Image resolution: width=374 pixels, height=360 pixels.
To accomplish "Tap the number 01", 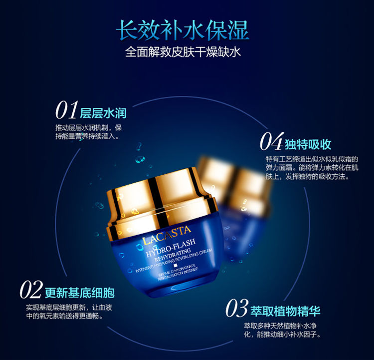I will (67, 110).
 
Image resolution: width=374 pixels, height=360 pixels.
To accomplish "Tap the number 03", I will (236, 308).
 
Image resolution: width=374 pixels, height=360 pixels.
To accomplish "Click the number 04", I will (271, 143).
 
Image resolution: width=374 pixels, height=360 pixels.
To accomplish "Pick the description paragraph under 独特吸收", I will (312, 168).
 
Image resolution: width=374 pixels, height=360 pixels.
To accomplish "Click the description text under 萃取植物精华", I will (282, 330).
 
